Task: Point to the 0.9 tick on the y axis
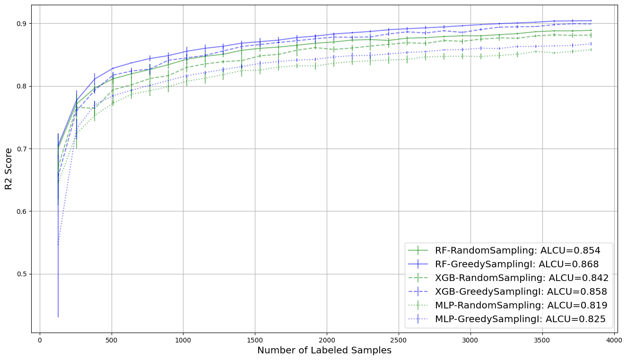point(22,24)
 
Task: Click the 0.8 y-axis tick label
point(22,86)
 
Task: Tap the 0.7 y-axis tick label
point(22,149)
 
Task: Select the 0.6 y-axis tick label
point(22,211)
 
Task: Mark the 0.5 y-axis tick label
point(22,274)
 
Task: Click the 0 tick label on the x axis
point(40,340)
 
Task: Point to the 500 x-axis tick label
point(112,340)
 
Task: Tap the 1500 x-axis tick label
point(255,340)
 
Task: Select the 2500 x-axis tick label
point(399,340)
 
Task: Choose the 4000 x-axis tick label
point(614,340)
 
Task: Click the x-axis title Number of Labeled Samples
point(324,351)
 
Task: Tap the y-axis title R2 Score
point(9,168)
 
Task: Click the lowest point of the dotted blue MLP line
point(58,244)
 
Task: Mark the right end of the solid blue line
point(591,21)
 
